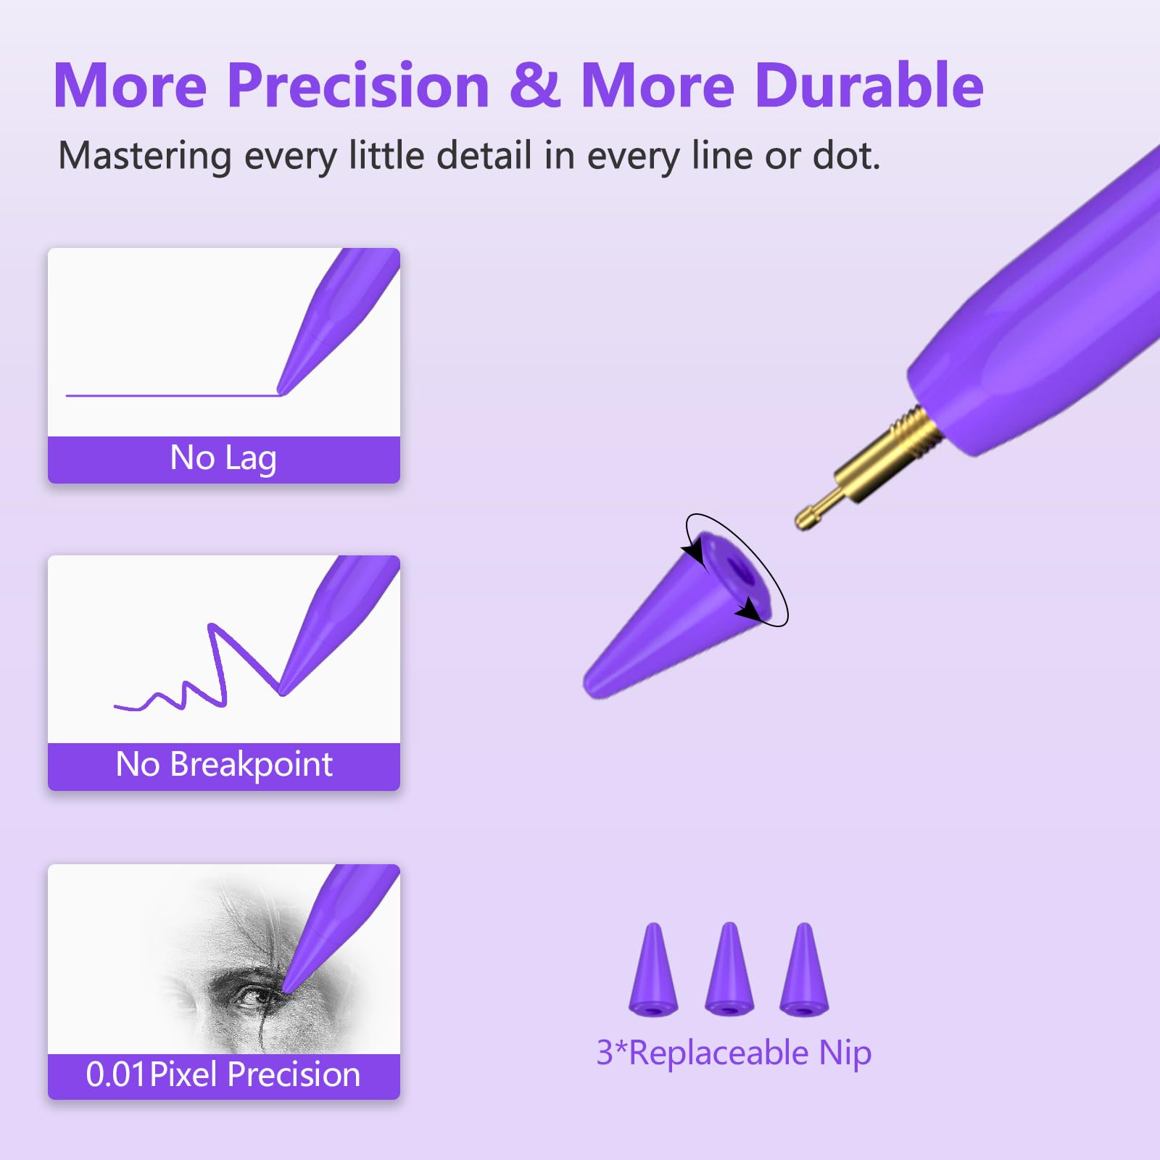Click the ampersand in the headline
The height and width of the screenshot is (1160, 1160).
coord(535,86)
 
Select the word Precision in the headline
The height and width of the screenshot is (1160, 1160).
coord(359,86)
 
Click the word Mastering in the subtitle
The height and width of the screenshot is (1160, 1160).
coord(144,156)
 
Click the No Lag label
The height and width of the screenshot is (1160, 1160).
coord(223,458)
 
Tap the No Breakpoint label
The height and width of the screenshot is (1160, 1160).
coord(224,765)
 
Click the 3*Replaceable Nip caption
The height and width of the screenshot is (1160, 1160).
coord(734,1053)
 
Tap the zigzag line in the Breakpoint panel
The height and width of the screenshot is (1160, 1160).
coord(217,667)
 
